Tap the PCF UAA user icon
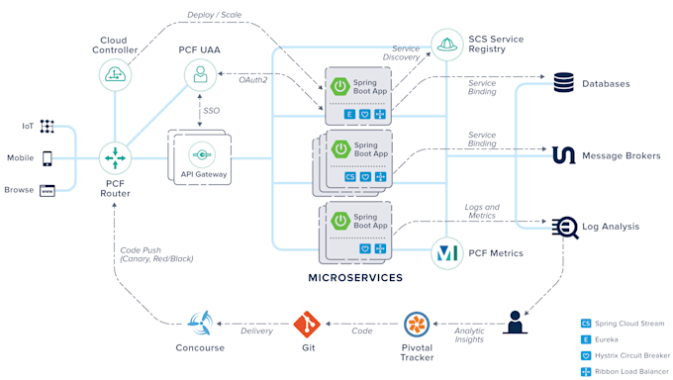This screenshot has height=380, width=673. [201, 75]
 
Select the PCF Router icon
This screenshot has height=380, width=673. [116, 156]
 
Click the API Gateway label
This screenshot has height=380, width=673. [203, 174]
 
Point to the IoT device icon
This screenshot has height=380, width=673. [48, 127]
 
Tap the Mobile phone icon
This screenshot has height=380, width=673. [48, 157]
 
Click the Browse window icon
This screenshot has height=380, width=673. [48, 190]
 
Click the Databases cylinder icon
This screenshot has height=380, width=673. [564, 83]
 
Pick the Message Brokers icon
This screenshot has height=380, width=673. [564, 155]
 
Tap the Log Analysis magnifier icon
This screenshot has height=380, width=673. [565, 227]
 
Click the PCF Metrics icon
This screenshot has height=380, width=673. [446, 253]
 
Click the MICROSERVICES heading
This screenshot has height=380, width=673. [355, 278]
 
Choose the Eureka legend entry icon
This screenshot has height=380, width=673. [586, 338]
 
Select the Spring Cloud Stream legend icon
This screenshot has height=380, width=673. [586, 324]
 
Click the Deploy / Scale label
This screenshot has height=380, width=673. [215, 15]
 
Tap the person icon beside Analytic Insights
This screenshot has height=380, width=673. [515, 323]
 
